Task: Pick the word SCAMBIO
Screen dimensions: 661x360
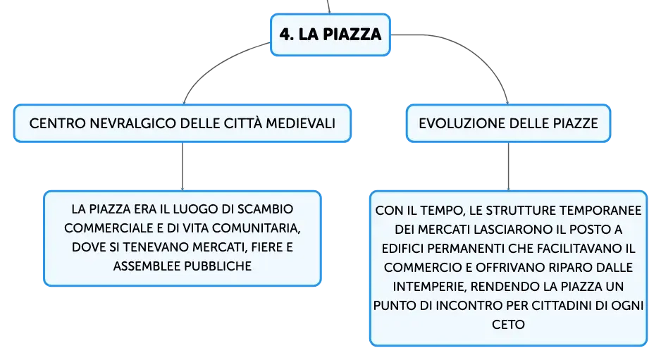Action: tap(265, 209)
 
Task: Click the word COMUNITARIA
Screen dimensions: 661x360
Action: tap(256, 228)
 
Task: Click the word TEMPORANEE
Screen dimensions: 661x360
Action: tap(600, 211)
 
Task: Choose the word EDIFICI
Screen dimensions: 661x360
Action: tap(402, 248)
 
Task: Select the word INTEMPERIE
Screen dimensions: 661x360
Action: tap(430, 287)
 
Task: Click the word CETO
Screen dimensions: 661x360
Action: tap(508, 325)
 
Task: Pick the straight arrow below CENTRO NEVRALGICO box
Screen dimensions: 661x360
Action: tap(183, 166)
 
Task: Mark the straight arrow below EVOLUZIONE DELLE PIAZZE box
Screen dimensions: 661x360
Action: tap(508, 166)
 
